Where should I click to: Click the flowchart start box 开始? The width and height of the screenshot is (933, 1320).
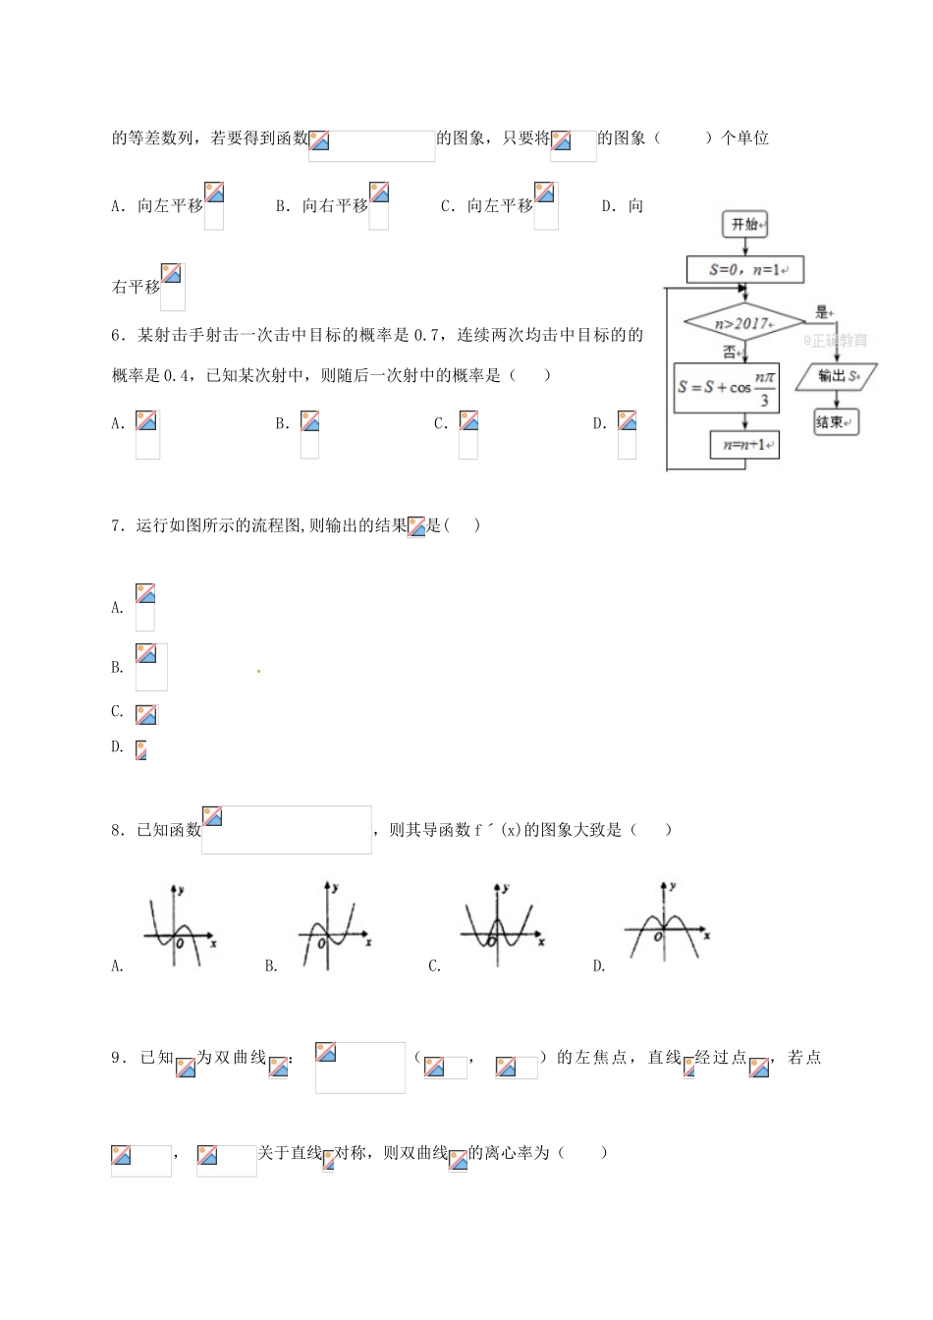(x=744, y=225)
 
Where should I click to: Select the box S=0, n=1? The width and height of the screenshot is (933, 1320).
(x=745, y=270)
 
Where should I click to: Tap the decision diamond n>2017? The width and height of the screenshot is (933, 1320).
(x=743, y=323)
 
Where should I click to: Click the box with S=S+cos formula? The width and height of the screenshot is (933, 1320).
(x=727, y=386)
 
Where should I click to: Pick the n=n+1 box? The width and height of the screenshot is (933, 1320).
(x=744, y=445)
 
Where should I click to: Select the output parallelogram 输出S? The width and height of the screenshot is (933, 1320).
(x=836, y=376)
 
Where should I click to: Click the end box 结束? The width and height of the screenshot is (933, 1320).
(x=835, y=422)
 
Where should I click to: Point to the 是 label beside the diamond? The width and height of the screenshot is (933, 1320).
(x=822, y=313)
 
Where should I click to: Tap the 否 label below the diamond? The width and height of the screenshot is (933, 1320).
(x=730, y=352)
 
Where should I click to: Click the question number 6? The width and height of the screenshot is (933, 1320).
(x=117, y=336)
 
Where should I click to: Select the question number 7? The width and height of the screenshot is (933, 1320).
(x=117, y=526)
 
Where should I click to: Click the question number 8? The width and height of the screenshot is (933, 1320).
(x=117, y=831)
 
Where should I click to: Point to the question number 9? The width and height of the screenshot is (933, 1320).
(x=117, y=1058)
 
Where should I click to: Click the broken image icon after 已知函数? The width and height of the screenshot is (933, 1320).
(x=212, y=816)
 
